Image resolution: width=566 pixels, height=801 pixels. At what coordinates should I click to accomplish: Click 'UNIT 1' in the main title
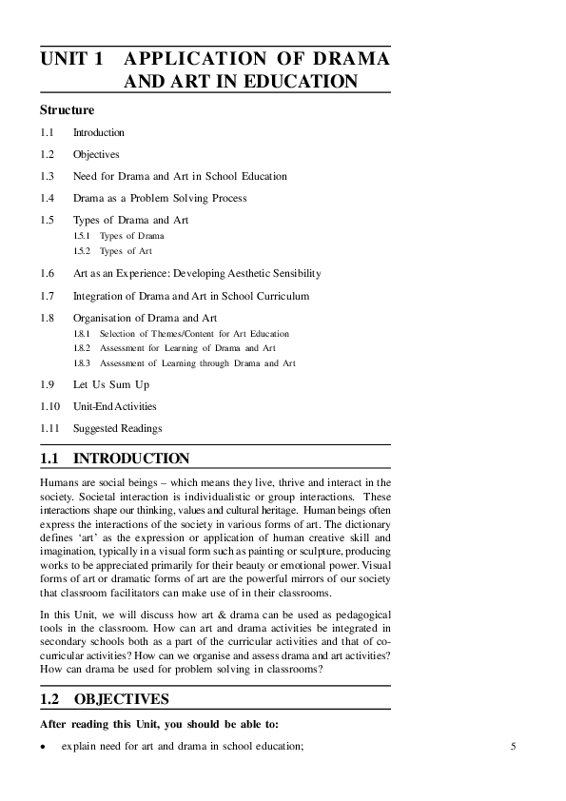71,59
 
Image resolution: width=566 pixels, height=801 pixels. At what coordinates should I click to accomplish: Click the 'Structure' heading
67,110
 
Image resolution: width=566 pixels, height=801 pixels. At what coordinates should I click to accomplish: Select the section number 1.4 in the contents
47,198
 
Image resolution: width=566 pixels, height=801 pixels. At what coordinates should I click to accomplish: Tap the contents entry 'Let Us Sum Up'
111,384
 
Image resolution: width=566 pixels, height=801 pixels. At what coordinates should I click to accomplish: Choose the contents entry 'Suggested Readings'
118,428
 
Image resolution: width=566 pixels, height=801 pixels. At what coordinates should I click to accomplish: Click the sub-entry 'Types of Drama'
131,235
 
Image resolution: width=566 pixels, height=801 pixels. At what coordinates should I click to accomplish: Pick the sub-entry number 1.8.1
82,334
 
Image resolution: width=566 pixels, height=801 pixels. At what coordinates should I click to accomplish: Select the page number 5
513,747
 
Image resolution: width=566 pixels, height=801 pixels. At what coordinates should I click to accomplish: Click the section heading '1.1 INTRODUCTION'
114,459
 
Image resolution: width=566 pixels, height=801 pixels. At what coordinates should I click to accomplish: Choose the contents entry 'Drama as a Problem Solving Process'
160,198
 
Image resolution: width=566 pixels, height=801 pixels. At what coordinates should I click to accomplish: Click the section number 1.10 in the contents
49,406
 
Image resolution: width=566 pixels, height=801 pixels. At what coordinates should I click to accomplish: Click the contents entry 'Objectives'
96,154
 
